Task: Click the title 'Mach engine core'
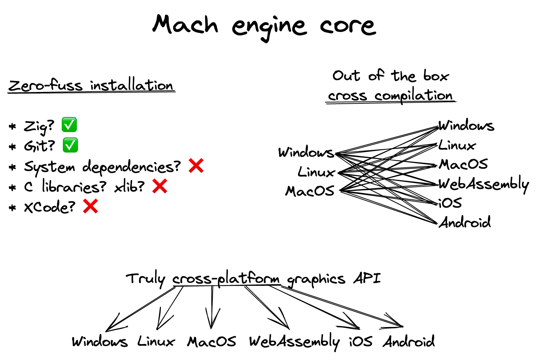(264, 25)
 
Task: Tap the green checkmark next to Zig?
(69, 125)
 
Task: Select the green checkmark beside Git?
(70, 145)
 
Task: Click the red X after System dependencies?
(196, 166)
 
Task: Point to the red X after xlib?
(160, 186)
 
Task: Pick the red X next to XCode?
(90, 206)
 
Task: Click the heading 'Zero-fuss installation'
(91, 85)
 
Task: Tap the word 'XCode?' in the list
(50, 207)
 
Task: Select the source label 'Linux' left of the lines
(316, 172)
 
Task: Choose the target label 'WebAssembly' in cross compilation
(483, 184)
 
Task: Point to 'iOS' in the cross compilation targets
(450, 203)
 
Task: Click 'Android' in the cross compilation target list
(465, 222)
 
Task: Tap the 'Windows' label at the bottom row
(100, 341)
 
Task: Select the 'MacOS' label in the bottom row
(212, 341)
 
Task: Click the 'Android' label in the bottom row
(409, 341)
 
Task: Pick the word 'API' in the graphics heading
(367, 279)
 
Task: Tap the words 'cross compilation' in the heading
(390, 96)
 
